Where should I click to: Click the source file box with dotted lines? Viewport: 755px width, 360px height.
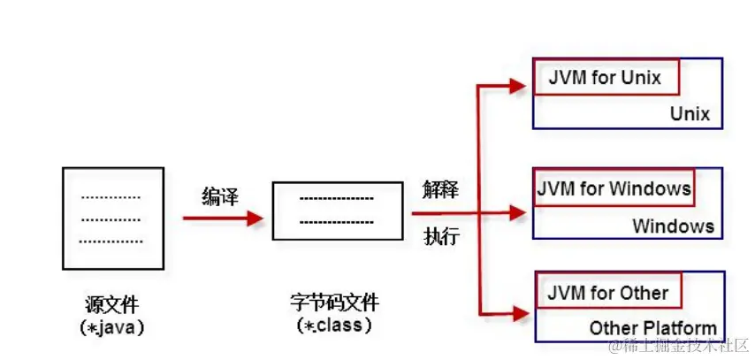tap(112, 217)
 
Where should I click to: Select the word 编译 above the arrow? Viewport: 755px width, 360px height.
tap(220, 195)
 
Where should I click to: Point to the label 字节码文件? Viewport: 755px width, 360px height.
tap(335, 303)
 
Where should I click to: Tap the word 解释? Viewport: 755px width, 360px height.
tap(441, 190)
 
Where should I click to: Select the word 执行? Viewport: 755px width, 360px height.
tap(441, 237)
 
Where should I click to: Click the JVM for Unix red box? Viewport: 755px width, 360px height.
tap(606, 77)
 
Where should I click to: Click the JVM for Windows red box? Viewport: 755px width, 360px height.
tap(614, 189)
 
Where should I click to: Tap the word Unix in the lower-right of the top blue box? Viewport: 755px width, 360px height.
tap(690, 114)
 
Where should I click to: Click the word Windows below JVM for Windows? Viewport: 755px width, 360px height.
tap(673, 226)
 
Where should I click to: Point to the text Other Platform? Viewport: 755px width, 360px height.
tap(653, 328)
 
